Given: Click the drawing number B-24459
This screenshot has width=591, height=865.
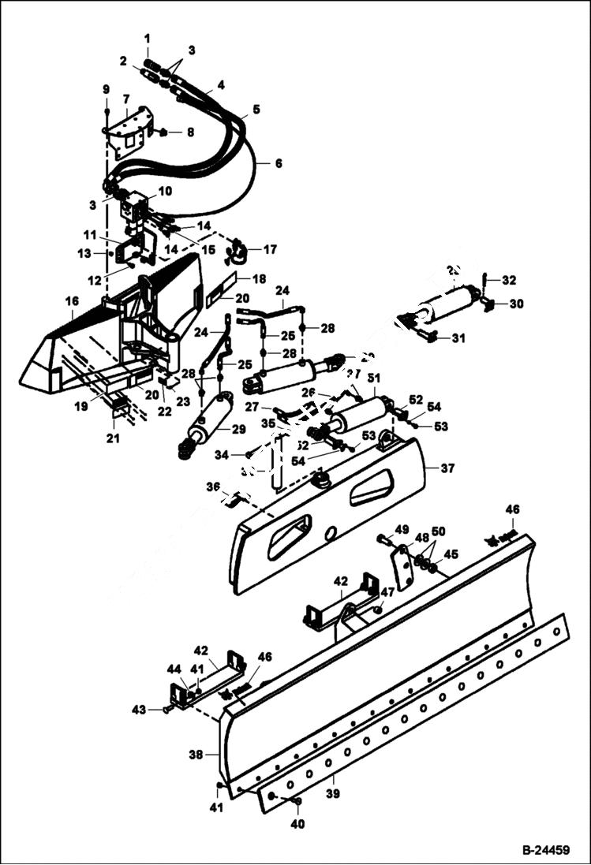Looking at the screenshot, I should pos(545,851).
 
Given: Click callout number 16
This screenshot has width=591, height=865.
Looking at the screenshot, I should pos(72,302).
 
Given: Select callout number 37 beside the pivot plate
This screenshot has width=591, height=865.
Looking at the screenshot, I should pos(447,468).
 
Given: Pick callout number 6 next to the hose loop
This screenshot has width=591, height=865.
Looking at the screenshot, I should pos(277,163).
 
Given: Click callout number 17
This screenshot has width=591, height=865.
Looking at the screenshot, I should pos(270,250).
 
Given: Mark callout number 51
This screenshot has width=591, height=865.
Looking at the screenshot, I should pos(373,378).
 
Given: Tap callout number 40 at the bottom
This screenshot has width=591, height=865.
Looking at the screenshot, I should pos(297,824).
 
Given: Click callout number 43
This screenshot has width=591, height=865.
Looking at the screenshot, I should pos(139,710).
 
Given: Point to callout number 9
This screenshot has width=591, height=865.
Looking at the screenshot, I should pos(107,88).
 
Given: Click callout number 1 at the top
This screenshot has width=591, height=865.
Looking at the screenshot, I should pos(147,38).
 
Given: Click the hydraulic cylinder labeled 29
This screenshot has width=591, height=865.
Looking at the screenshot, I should pos(207,422).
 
